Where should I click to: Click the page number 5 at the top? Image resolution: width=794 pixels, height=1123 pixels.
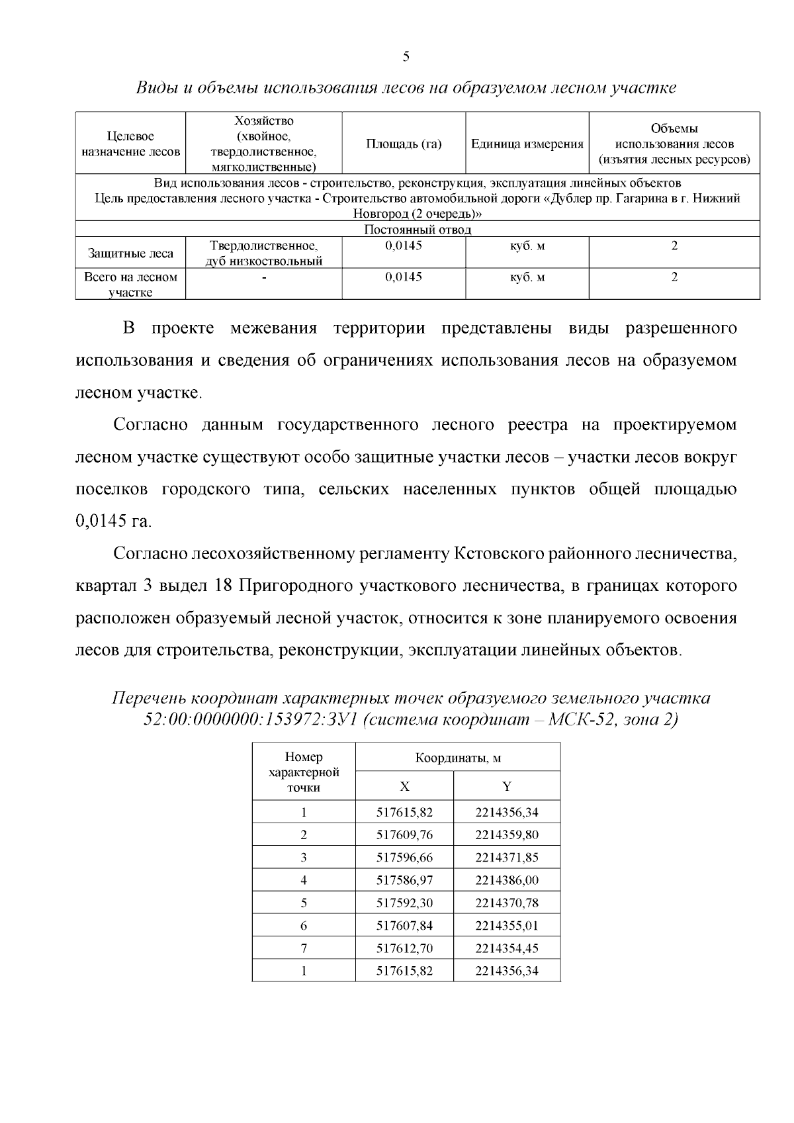[x=406, y=56]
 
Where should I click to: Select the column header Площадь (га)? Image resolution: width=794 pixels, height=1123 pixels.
[x=404, y=144]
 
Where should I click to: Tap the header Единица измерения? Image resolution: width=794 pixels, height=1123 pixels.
[x=527, y=144]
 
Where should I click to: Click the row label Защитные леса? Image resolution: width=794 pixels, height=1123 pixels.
[x=130, y=253]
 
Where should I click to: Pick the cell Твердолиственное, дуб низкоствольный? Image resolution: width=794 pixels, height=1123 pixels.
[x=263, y=253]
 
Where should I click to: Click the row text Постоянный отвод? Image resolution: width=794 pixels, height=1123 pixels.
[x=418, y=230]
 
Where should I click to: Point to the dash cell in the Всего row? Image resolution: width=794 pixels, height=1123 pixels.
[x=263, y=278]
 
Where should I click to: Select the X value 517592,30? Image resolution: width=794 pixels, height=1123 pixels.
[x=404, y=903]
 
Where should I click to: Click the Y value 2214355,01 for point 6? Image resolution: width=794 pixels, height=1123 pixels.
[x=506, y=925]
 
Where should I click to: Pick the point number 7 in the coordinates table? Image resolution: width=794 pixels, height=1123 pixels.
[x=304, y=948]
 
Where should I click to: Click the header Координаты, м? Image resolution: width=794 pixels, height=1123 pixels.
[x=457, y=758]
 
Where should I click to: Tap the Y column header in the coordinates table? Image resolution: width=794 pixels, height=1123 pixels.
[x=507, y=786]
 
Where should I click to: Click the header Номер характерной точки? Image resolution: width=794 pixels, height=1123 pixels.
[x=304, y=772]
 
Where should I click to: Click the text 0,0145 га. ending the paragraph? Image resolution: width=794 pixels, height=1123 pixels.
[x=114, y=521]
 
